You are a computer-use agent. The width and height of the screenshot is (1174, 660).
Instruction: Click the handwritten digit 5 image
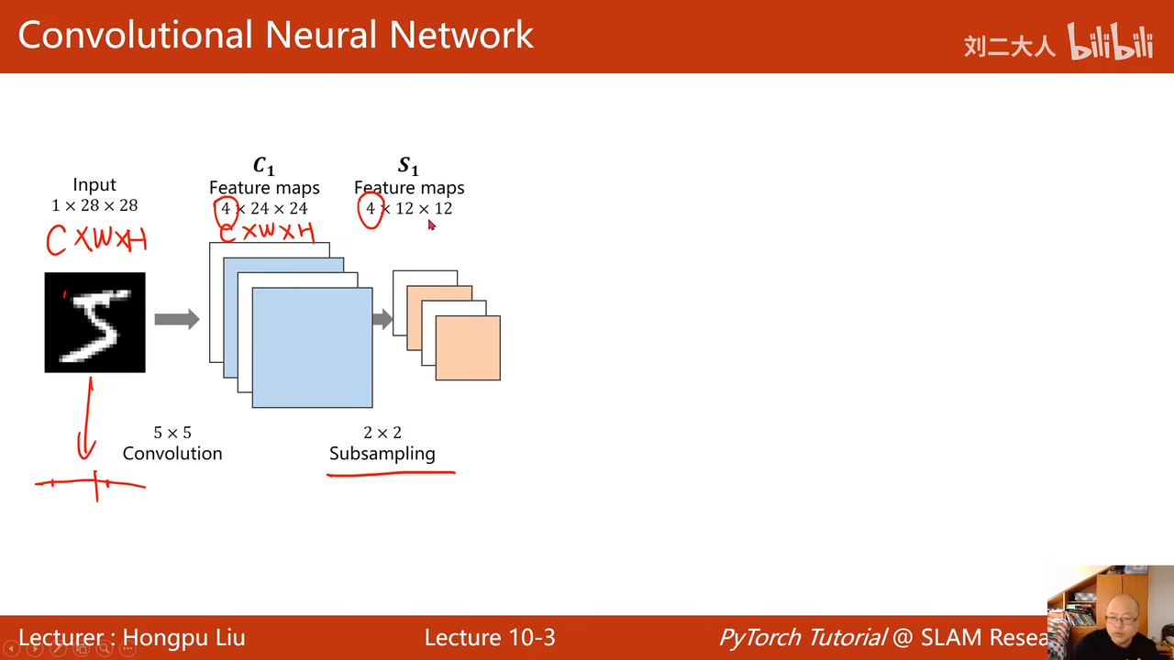(x=94, y=322)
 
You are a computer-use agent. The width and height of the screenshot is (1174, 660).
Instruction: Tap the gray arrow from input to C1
(x=176, y=319)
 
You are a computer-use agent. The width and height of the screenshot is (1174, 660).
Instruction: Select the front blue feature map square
(x=312, y=347)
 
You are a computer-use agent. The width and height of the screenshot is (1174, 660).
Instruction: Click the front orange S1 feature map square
(x=468, y=347)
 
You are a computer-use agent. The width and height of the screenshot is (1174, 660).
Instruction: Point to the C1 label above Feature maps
(x=263, y=166)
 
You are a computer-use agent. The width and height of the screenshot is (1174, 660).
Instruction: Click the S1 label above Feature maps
(x=408, y=166)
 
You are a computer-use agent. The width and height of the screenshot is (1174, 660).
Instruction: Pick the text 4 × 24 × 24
(x=264, y=208)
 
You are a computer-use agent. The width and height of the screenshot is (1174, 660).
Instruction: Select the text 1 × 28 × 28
(x=94, y=205)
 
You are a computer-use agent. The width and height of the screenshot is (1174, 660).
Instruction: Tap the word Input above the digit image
(x=94, y=184)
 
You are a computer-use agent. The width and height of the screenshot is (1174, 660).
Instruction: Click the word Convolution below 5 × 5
(x=172, y=453)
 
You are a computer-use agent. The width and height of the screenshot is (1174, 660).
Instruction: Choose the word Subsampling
(x=382, y=453)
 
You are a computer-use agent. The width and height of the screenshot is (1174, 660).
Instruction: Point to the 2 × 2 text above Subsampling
(x=382, y=432)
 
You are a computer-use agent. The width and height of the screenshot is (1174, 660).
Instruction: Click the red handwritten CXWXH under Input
(x=96, y=240)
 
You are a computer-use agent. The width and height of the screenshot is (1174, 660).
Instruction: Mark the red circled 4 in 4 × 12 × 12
(x=371, y=210)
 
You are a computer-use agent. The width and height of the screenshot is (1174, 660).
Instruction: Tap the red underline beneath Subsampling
(x=391, y=474)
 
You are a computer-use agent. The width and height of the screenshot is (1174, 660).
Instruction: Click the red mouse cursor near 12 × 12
(x=431, y=225)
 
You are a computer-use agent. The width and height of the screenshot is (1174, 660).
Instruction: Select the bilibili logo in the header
(x=1110, y=42)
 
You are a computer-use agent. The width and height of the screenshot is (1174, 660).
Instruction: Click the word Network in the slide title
(x=461, y=35)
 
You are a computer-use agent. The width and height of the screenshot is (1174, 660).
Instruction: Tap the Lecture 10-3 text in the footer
(x=490, y=637)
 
